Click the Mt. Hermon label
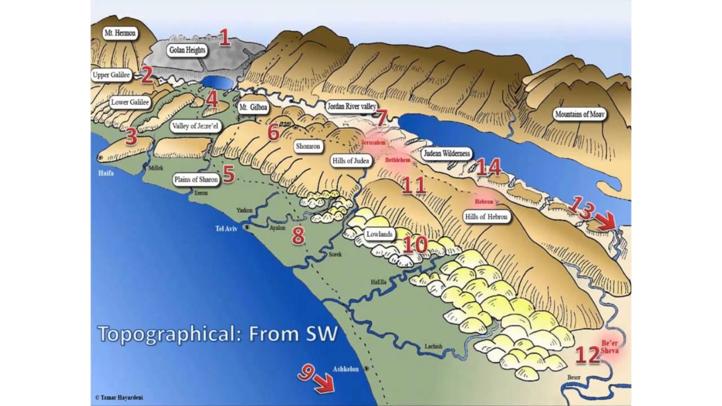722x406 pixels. [x=120, y=33]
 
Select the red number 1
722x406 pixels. [x=224, y=38]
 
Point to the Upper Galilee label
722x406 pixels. [x=112, y=74]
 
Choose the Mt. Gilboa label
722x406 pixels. [x=252, y=107]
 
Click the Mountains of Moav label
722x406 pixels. [x=580, y=114]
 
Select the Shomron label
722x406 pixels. [x=308, y=147]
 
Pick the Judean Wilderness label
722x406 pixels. [x=446, y=153]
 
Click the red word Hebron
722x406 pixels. [x=484, y=201]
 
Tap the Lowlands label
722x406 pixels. [x=380, y=235]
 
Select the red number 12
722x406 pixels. [x=587, y=355]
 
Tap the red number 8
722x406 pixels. [x=298, y=236]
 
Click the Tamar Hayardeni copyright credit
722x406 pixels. [x=118, y=398]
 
